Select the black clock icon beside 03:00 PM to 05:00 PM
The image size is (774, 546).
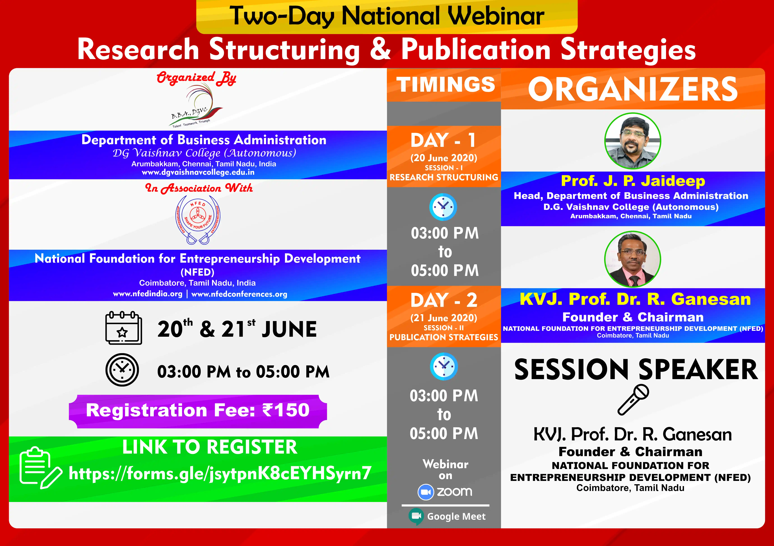pos(122,370)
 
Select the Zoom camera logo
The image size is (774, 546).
pos(426,492)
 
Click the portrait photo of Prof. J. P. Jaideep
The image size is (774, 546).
pos(633,141)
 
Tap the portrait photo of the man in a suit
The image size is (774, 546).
pos(633,259)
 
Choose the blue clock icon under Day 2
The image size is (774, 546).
pos(444,366)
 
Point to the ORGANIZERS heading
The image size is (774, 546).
pos(633,89)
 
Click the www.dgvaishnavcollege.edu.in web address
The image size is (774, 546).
pos(198,172)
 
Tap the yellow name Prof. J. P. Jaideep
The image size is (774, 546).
pos(633,181)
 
